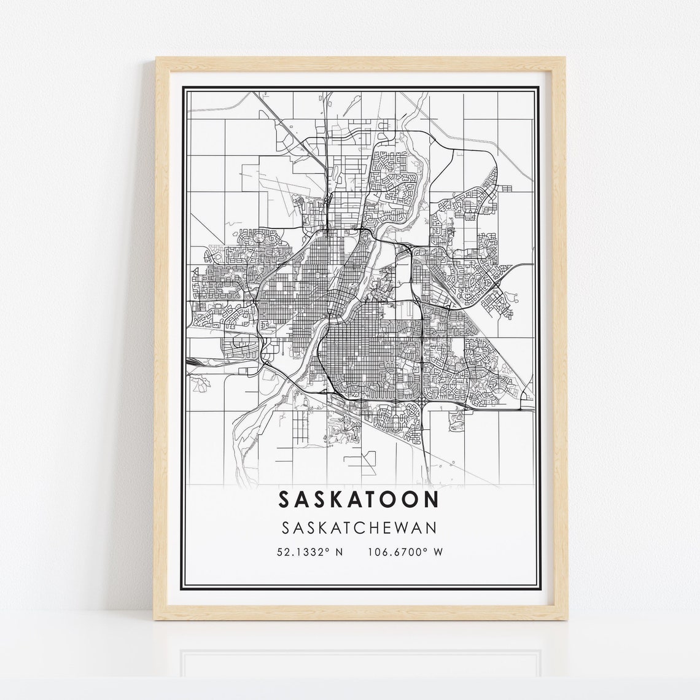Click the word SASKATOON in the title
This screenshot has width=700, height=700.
pyautogui.click(x=359, y=499)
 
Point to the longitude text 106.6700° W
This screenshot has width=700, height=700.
pyautogui.click(x=405, y=552)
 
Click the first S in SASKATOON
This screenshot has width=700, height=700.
pyautogui.click(x=285, y=499)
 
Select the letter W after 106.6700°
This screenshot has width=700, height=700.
pyautogui.click(x=438, y=552)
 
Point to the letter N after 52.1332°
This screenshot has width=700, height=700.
pyautogui.click(x=339, y=552)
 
